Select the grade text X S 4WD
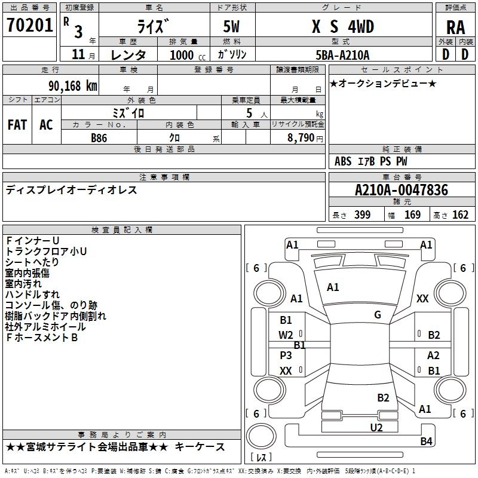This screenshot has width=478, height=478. (x=341, y=26)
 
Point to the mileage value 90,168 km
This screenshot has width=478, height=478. (x=69, y=86)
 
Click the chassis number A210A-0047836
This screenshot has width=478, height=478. (x=401, y=191)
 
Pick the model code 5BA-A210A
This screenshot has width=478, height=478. (x=342, y=55)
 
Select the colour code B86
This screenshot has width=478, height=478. (x=99, y=137)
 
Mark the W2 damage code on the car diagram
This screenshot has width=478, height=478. (x=286, y=335)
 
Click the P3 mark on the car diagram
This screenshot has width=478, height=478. (x=286, y=355)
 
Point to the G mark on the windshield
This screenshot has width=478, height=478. (x=378, y=315)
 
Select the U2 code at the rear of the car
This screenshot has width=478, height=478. (x=376, y=427)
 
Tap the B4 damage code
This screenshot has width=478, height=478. (x=425, y=442)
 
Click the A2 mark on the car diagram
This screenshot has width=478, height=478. (x=434, y=355)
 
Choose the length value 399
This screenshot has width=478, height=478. (x=362, y=215)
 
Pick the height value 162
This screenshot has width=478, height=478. (x=460, y=215)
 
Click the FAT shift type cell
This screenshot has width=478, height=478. (x=17, y=125)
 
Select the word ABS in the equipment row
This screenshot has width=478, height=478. (x=343, y=161)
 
